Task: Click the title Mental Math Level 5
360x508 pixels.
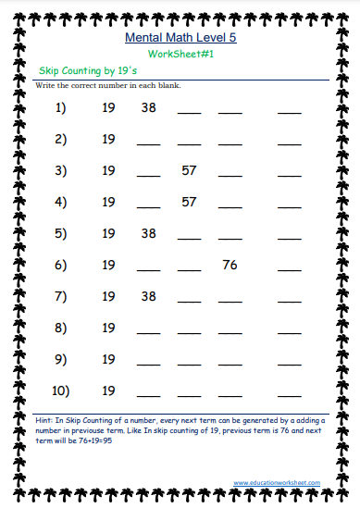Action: click(x=180, y=39)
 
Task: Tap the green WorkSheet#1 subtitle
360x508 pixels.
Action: click(x=180, y=56)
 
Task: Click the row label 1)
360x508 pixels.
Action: click(x=62, y=108)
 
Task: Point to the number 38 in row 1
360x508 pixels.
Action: click(x=148, y=108)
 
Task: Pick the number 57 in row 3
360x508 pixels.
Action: click(x=189, y=170)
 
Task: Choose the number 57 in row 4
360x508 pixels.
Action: click(x=189, y=202)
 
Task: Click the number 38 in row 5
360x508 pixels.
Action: click(x=148, y=233)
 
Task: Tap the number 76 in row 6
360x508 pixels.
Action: click(x=230, y=265)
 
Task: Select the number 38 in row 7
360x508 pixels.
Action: click(x=148, y=296)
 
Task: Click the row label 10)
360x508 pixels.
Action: click(x=62, y=390)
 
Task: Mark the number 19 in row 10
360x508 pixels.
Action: click(x=108, y=390)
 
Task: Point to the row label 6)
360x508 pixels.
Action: click(x=62, y=265)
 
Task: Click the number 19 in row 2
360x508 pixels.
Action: click(x=108, y=140)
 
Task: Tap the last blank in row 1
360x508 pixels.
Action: click(x=290, y=112)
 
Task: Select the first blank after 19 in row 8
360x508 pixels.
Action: click(x=148, y=331)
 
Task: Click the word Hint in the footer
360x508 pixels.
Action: click(x=43, y=419)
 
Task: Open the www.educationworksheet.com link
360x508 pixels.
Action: click(x=277, y=482)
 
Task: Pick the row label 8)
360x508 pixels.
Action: click(x=62, y=328)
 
